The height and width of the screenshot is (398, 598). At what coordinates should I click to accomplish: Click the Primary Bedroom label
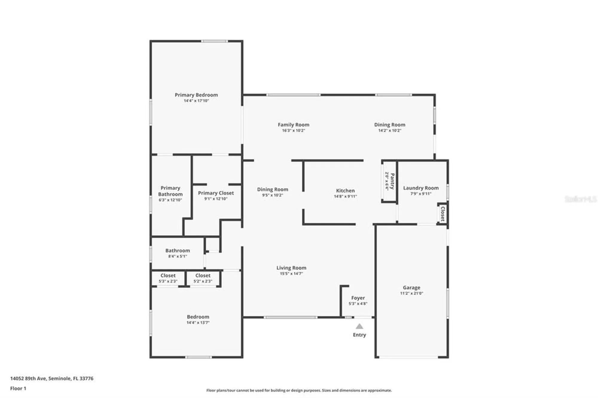[x=196, y=95]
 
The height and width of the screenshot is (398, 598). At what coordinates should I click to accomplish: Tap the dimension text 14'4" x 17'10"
[x=196, y=101]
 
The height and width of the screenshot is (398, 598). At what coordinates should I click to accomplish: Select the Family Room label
[x=293, y=125]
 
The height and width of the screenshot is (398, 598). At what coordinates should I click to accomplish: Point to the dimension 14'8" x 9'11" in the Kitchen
[x=345, y=196]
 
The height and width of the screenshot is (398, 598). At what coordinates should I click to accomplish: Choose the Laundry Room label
[x=421, y=188]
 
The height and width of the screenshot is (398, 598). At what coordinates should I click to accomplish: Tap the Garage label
[x=411, y=287]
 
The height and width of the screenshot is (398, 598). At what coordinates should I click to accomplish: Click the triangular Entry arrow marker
[x=359, y=326]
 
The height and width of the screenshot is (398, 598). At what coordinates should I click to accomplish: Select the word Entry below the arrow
[x=359, y=335]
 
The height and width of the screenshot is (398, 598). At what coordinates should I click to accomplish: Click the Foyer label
[x=358, y=298]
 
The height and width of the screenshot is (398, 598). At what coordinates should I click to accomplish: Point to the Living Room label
[x=291, y=268]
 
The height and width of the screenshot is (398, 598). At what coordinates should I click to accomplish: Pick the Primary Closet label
[x=216, y=193]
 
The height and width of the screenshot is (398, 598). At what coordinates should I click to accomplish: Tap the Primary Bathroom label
[x=170, y=191]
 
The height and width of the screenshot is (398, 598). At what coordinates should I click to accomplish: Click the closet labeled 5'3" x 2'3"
[x=168, y=278]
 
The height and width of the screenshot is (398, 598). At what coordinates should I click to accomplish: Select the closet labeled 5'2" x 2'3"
[x=203, y=278]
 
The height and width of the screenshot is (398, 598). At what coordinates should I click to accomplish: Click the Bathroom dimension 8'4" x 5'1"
[x=178, y=256]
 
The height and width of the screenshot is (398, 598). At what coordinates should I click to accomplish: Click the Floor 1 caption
[x=18, y=388]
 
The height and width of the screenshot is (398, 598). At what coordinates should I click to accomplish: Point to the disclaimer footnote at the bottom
[x=299, y=390]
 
